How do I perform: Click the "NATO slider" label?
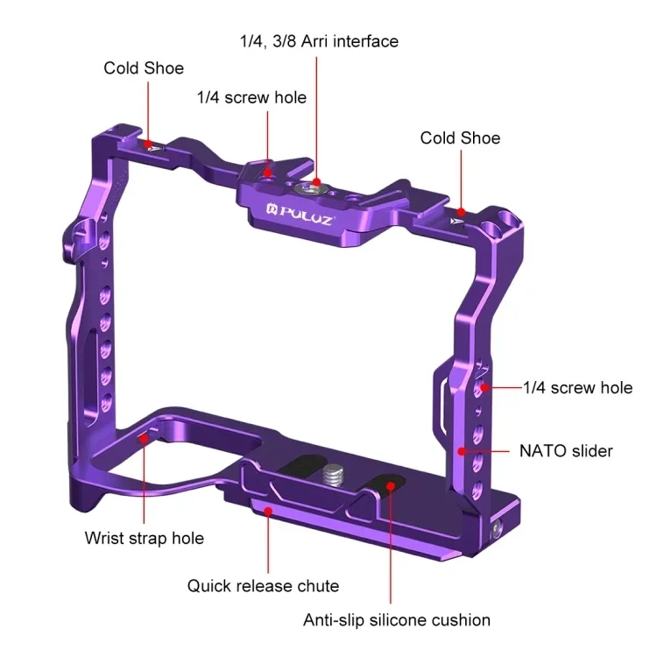pos(566,451)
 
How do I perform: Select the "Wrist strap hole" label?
pos(144,537)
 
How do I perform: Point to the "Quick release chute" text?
pos(263,585)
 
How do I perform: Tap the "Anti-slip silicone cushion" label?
pos(397,620)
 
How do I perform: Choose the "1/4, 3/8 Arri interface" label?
pos(319,41)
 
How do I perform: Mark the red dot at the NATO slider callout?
pos(461,451)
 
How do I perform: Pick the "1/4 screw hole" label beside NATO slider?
pos(577,387)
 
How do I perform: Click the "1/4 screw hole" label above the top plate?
pos(251,97)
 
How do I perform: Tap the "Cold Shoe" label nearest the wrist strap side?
pos(144,67)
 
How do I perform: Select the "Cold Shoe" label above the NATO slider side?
pos(460,138)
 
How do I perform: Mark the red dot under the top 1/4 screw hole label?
pos(270,163)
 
